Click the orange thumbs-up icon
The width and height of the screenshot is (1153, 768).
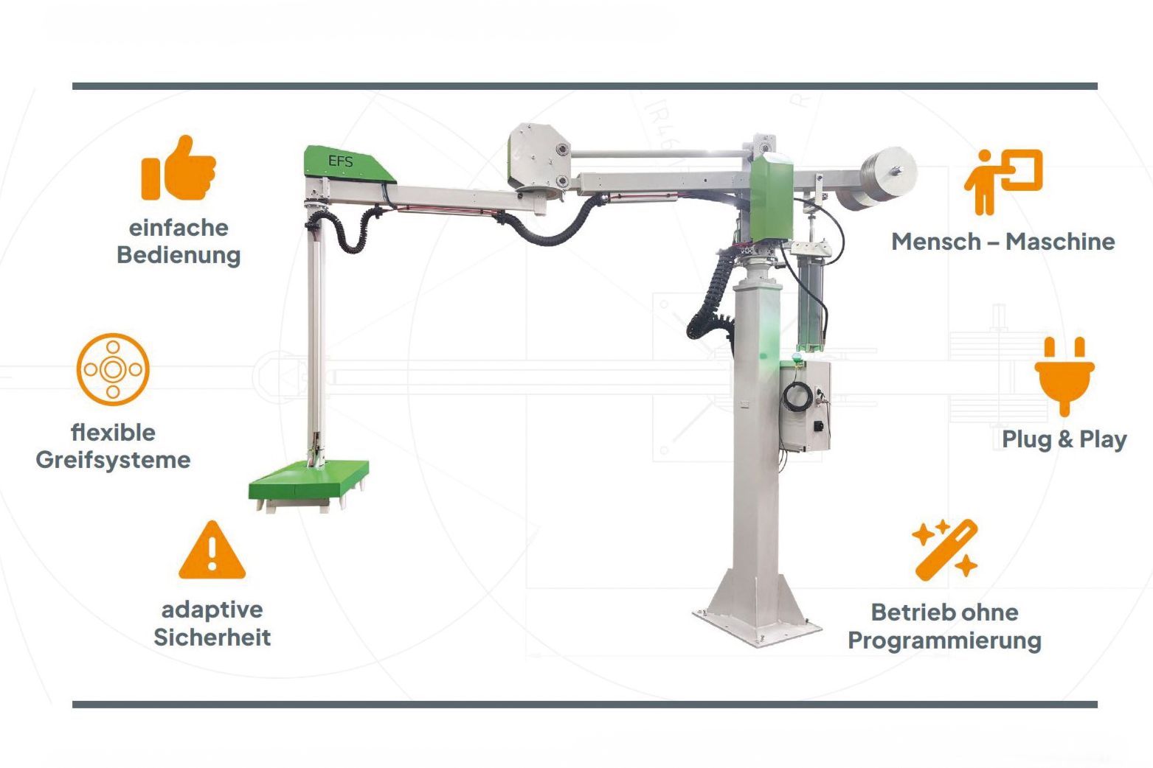179,168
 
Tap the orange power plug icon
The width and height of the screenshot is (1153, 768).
1064,374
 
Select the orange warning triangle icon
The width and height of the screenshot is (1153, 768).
212,551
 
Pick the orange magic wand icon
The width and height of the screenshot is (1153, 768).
945,549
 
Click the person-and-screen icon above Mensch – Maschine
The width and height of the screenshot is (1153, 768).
1003,181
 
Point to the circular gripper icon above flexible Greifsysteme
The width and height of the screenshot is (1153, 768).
113,369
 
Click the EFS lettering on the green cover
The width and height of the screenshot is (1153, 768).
341,161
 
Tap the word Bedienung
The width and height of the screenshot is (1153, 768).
179,255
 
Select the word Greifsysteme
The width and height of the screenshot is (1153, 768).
113,460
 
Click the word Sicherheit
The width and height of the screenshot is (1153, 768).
212,637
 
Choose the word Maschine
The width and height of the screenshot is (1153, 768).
1060,242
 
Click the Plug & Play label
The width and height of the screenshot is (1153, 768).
1064,439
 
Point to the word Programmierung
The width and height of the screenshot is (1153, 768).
944,640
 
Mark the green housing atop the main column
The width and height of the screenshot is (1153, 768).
772,200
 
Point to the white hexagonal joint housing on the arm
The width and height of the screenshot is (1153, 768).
539,158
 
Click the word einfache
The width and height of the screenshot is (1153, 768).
179,228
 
